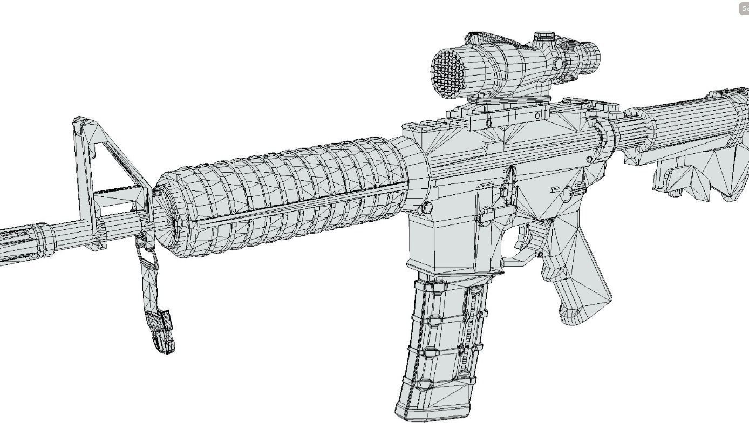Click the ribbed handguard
[286, 194]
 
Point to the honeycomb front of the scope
[448, 73]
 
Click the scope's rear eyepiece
[588, 54]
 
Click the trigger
[526, 237]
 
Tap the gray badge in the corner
[744, 9]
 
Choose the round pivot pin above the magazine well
[427, 207]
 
